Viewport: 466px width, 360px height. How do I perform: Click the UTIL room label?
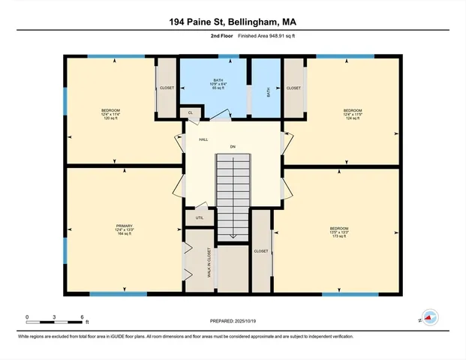199,218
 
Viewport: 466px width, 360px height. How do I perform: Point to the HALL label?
203,140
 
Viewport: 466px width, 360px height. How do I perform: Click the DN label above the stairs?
233,145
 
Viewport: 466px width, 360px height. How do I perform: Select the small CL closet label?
190,113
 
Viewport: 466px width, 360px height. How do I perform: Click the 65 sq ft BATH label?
218,84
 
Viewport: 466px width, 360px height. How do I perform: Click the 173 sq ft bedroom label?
339,232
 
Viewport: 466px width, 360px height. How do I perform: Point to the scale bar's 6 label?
80,316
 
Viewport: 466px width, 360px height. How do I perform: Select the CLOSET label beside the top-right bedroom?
293,88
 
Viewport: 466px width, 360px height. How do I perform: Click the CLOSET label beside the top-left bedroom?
167,88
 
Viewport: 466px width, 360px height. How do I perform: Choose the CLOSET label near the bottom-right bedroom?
260,251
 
